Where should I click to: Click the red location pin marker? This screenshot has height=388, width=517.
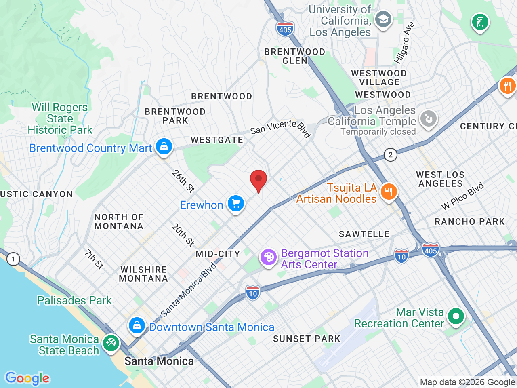click(x=258, y=180)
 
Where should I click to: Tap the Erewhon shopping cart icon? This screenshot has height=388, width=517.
click(x=236, y=203)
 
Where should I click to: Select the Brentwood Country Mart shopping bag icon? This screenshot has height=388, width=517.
click(x=164, y=146)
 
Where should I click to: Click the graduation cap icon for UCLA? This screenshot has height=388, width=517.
click(x=382, y=19)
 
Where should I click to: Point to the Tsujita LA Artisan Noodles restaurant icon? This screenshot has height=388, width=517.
click(x=389, y=192)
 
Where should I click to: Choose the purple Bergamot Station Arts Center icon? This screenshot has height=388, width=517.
click(x=268, y=257)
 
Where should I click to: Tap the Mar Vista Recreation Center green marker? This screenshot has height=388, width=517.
click(x=456, y=316)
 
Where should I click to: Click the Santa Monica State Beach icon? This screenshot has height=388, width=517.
click(x=111, y=343)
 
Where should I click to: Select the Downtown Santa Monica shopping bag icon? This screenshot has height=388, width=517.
click(x=137, y=325)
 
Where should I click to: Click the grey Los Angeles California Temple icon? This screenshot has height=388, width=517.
click(x=428, y=119)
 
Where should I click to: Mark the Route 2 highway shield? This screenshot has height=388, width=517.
click(x=390, y=155)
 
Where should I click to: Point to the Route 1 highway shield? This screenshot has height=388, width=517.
click(x=13, y=259)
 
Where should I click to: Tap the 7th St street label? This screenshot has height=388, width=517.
click(x=94, y=259)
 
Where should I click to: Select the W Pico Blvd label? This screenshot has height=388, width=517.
click(x=462, y=196)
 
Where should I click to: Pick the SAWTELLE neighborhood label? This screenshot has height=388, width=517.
click(x=364, y=234)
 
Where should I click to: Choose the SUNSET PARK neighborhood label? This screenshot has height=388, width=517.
click(x=307, y=339)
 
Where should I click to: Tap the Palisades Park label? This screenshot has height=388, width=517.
click(x=74, y=300)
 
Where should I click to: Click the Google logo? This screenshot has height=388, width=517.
click(x=27, y=378)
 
